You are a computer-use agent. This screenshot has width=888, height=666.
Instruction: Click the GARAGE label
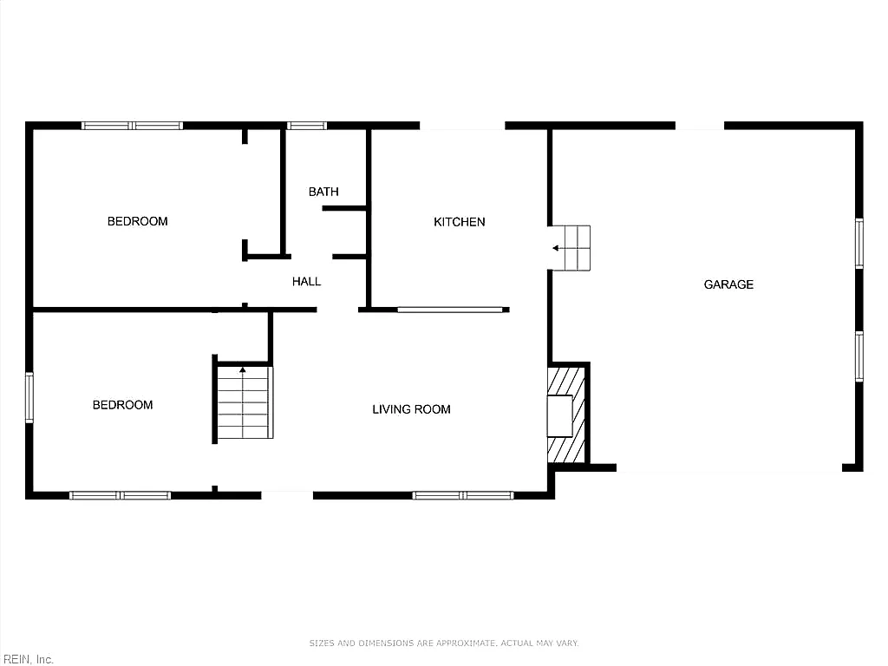point(728,284)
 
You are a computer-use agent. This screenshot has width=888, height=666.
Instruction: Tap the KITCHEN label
point(460,222)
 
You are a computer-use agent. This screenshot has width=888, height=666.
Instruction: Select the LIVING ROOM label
point(411,409)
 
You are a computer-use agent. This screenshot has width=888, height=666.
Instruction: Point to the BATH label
point(323,192)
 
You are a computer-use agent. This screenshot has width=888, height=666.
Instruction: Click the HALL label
point(306,282)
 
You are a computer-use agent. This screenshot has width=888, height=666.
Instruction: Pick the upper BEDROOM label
point(138,221)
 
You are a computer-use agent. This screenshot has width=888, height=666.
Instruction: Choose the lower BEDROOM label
point(122,405)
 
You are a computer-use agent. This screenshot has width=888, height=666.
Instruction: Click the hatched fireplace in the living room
point(565,415)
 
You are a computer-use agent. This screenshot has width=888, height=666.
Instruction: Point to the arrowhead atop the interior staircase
point(243,369)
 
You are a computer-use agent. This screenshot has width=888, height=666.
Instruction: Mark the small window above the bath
point(306,126)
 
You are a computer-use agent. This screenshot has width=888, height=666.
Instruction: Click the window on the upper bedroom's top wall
point(132,126)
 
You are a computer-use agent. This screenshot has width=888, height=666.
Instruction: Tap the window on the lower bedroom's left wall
point(29,397)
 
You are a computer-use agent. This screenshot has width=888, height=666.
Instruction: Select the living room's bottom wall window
point(463,495)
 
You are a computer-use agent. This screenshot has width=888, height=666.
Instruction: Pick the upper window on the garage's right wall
point(859,243)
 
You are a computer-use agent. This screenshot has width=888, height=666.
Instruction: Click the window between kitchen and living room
point(450,310)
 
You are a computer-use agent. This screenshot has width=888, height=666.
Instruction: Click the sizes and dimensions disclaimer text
point(444,643)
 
